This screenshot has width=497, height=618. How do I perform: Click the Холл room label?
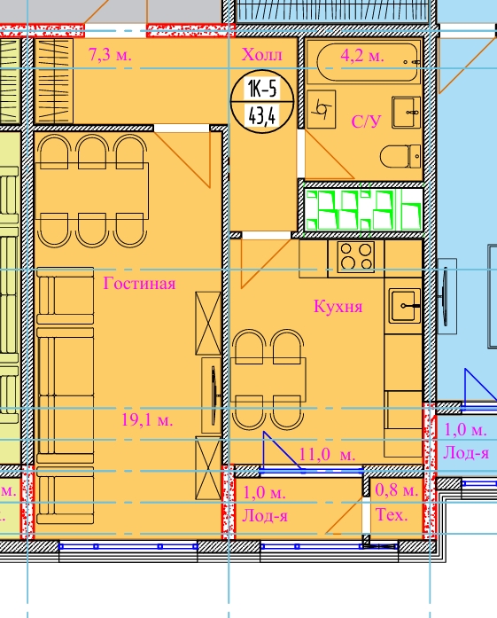coord(262,54)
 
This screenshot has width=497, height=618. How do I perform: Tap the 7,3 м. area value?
coord(110,54)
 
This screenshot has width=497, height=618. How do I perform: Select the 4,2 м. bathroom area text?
coord(362,56)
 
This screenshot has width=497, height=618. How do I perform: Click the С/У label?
coord(366,121)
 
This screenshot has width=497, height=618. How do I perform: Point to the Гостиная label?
coord(139,283)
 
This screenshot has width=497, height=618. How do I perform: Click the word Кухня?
coord(338,306)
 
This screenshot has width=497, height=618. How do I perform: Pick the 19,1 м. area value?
coord(147,420)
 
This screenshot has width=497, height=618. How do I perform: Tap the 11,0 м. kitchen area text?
coord(327,455)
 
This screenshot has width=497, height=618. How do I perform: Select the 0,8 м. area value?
coord(396,490)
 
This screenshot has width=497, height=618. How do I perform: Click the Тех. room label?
coord(392,515)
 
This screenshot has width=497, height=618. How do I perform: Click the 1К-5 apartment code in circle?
coord(262,88)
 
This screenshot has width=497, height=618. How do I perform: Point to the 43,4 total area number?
coord(262,116)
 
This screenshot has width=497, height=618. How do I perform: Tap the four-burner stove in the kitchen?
coord(356,256)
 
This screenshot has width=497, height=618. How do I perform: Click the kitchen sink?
coord(405,305)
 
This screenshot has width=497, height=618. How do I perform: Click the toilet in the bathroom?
coord(400,156)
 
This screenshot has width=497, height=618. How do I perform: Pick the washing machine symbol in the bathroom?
coord(321,109)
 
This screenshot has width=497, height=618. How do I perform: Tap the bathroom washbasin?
coord(407,113)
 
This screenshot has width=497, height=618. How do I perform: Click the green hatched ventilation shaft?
coord(363,209)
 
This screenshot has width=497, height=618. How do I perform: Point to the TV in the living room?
coord(213,395)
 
